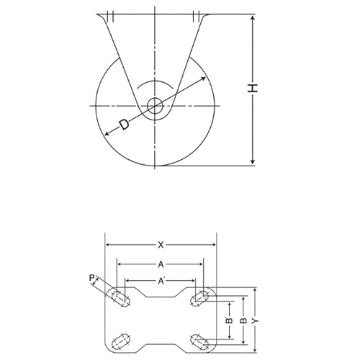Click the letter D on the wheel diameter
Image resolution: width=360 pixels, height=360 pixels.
(x=125, y=125)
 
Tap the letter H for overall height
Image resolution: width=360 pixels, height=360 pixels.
(x=252, y=89)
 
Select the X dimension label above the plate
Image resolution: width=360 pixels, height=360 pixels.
(x=161, y=245)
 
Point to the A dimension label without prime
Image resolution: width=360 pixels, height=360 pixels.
(x=161, y=264)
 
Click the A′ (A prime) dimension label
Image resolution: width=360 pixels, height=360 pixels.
(x=162, y=281)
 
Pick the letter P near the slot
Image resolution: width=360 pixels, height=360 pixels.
(x=91, y=277)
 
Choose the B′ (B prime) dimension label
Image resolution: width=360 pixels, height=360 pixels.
(x=228, y=318)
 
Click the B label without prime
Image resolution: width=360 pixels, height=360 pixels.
(x=243, y=318)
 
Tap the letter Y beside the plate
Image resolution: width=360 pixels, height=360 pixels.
(x=256, y=318)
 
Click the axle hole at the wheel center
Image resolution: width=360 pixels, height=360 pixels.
(x=154, y=106)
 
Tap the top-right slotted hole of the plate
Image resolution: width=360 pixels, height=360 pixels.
(x=201, y=297)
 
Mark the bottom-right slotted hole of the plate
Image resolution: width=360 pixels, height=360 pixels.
(x=201, y=339)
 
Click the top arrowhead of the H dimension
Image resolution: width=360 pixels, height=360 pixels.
(x=252, y=16)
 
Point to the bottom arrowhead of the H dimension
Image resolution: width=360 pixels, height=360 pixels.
(x=252, y=163)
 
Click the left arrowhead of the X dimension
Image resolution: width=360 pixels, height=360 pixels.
(x=108, y=245)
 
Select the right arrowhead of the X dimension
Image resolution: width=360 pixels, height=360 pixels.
(x=214, y=245)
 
